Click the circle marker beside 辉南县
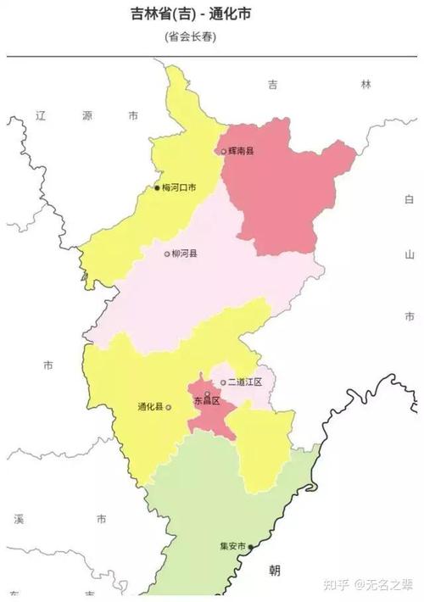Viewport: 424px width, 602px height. [x=223, y=152]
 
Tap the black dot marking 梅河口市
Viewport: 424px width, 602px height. [x=157, y=187]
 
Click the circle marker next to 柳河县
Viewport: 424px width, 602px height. [x=167, y=254]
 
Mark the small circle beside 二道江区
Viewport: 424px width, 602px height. [x=223, y=382]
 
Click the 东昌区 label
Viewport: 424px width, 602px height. [x=207, y=401]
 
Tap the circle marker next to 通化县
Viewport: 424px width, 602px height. [x=169, y=407]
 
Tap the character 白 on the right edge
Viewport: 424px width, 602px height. [x=409, y=199]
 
